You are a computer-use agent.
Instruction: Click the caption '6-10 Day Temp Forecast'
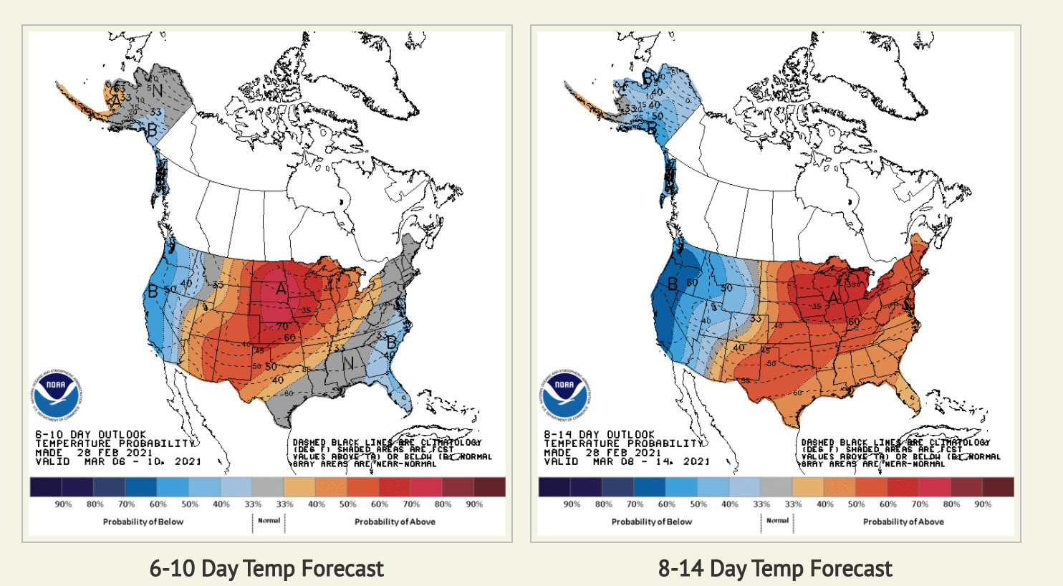pyautogui.click(x=266, y=569)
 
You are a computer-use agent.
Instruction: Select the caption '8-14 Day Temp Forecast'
pyautogui.click(x=775, y=569)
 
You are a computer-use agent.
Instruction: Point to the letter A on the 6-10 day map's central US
pyautogui.click(x=282, y=289)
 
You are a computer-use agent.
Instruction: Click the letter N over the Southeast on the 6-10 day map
pyautogui.click(x=349, y=364)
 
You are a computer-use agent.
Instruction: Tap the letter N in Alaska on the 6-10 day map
pyautogui.click(x=157, y=90)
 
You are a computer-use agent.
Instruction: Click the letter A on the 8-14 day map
pyautogui.click(x=834, y=296)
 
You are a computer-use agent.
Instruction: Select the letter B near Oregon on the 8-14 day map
pyautogui.click(x=673, y=284)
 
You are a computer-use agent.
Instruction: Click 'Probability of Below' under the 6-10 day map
pyautogui.click(x=143, y=522)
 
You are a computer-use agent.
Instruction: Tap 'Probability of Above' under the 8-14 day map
pyautogui.click(x=903, y=522)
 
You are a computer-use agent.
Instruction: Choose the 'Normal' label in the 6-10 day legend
pyautogui.click(x=269, y=521)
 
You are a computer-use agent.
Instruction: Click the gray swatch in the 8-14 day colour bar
pyautogui.click(x=776, y=487)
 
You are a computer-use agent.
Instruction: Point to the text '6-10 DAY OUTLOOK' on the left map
pyautogui.click(x=91, y=435)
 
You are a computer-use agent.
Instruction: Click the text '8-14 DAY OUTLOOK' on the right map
pyautogui.click(x=600, y=435)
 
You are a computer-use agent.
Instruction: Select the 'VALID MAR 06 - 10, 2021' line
pyautogui.click(x=118, y=461)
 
